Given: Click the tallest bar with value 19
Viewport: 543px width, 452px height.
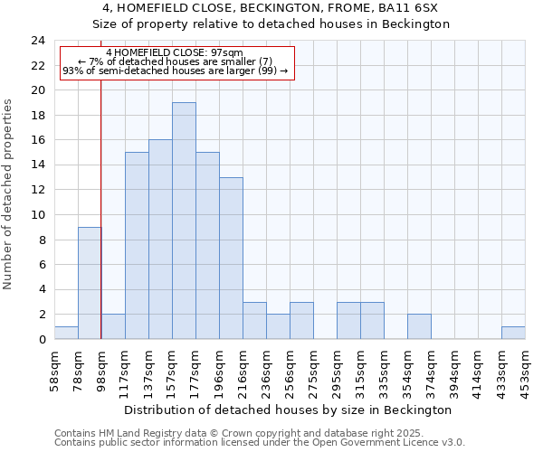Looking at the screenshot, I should [184, 221].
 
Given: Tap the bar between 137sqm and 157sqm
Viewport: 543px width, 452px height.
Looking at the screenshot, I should [160, 240].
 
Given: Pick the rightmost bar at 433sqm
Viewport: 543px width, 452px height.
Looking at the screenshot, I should [513, 333].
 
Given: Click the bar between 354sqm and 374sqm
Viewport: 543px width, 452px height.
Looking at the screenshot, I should [419, 326].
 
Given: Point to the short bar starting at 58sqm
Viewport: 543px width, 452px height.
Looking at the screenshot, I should [66, 333].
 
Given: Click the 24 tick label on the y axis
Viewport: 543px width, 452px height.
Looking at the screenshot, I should [37, 41].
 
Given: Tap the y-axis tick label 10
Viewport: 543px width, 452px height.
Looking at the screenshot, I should [37, 215].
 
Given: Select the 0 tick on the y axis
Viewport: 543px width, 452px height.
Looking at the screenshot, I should [41, 340].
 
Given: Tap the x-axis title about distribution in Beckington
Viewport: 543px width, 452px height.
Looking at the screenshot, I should [288, 410].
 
